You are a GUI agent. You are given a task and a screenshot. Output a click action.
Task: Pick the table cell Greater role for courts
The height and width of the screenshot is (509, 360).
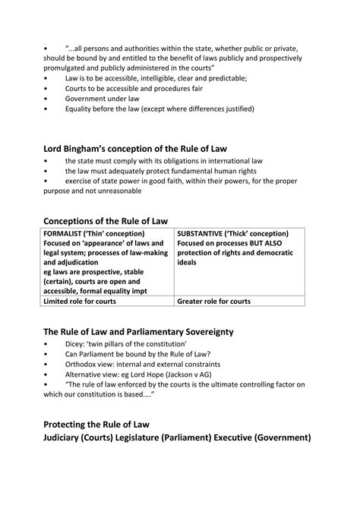213,301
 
